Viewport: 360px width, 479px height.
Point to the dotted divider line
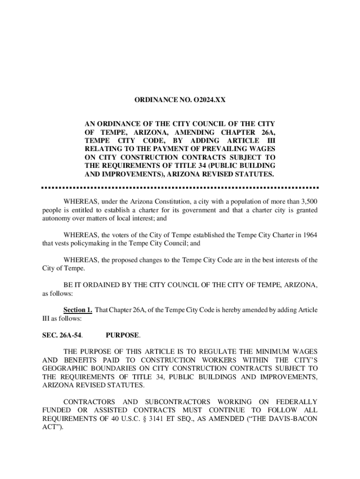pyautogui.click(x=180, y=188)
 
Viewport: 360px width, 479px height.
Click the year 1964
pyautogui.click(x=310, y=235)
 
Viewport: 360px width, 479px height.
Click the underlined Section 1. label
pyautogui.click(x=78, y=310)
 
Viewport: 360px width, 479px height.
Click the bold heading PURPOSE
pyautogui.click(x=122, y=335)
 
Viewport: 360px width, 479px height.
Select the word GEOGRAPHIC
pyautogui.click(x=65, y=368)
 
